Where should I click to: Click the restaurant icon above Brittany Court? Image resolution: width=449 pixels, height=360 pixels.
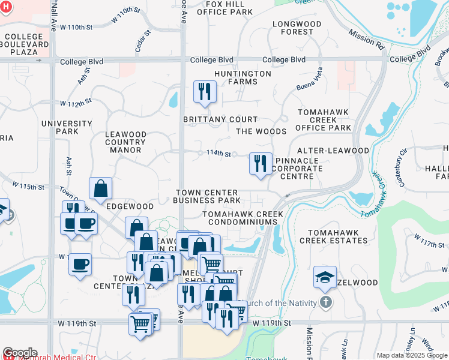(204, 92)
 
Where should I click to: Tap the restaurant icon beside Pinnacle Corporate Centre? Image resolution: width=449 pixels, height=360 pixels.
(260, 163)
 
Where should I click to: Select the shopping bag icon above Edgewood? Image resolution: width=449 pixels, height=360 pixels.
(100, 188)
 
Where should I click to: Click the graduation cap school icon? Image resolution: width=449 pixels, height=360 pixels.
(325, 277)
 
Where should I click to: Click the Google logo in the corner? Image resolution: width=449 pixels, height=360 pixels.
(20, 353)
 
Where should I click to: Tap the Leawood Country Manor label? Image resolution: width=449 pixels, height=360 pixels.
(125, 142)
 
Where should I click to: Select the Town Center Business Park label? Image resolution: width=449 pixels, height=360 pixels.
(207, 196)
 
